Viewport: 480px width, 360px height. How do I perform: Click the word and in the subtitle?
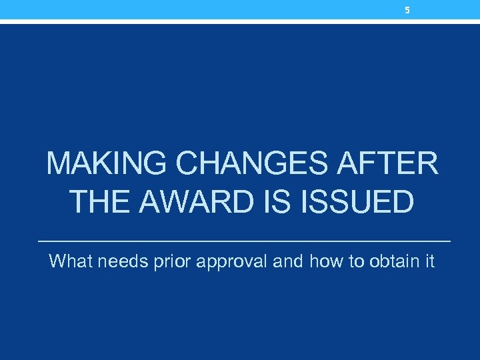click(x=287, y=261)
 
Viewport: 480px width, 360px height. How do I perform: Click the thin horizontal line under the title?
click(x=245, y=240)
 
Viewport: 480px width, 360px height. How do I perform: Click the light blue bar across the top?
click(x=200, y=9)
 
